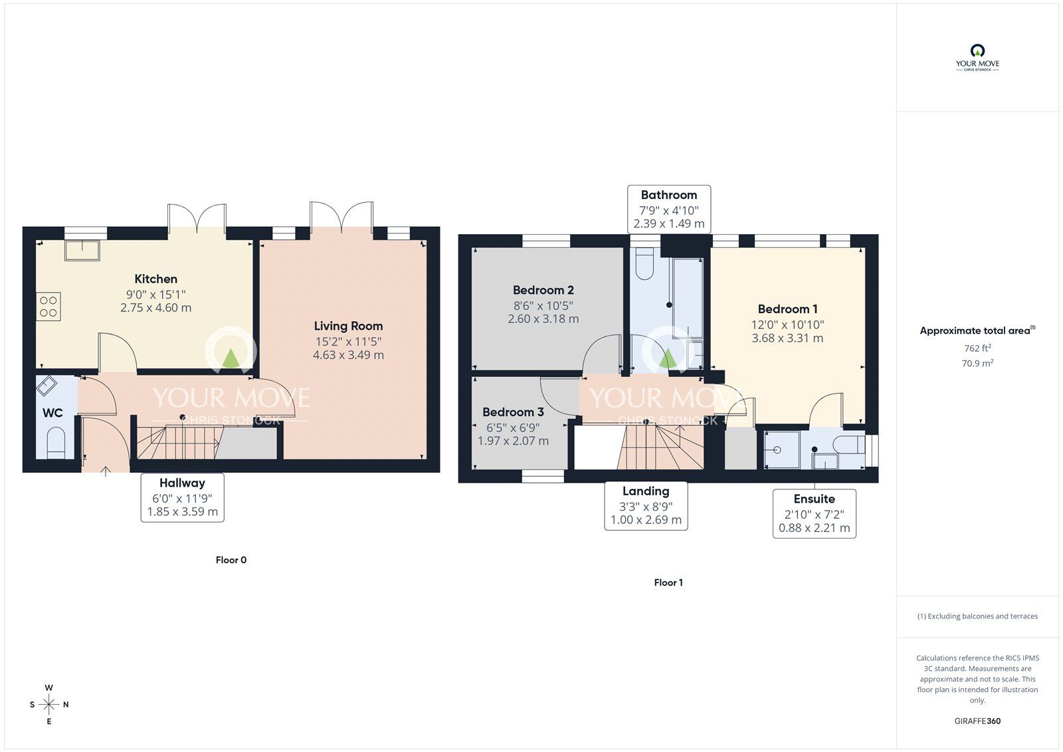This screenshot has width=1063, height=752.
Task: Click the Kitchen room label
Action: point(155,279)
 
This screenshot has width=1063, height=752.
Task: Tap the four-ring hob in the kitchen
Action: point(48,307)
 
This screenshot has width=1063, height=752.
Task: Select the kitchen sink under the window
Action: point(82,251)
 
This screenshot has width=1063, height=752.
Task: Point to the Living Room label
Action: point(348,326)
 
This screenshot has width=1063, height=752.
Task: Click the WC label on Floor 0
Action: point(52,413)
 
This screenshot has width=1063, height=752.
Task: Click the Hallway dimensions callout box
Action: point(182,497)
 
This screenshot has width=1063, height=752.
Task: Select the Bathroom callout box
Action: point(669,209)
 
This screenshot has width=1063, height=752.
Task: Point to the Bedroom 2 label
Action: point(543,290)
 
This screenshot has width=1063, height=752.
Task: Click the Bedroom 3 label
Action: point(513,412)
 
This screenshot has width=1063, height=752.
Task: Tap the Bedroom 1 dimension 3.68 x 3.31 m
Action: point(788,338)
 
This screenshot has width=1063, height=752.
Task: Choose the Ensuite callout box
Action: point(815,513)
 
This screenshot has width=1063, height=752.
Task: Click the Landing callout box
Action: point(646,505)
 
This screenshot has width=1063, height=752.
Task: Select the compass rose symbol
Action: point(49,704)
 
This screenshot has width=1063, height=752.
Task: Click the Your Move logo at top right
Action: point(977,58)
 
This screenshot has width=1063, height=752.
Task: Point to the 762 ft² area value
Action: point(977,348)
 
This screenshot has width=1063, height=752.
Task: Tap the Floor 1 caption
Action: point(668,582)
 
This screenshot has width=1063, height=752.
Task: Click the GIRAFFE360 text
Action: point(977,721)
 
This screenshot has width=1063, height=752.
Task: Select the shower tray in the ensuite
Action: point(781,449)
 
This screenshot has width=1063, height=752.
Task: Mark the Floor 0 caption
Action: point(231,560)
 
